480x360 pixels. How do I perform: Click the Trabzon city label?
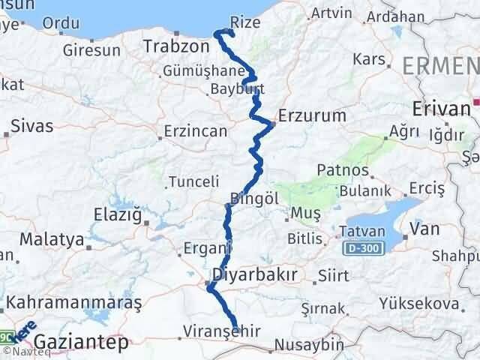[x=178, y=47]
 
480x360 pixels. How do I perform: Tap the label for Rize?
[x=246, y=22]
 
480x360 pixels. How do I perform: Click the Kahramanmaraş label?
[x=75, y=303]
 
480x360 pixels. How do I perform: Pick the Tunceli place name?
[x=193, y=181]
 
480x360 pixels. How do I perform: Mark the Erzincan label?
[x=196, y=132]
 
